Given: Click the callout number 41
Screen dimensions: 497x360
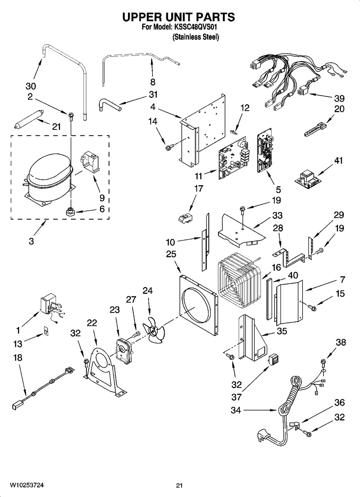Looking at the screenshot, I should coord(338,161).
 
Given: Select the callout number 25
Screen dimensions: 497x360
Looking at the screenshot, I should coord(171,254).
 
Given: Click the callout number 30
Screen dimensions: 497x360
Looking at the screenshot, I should coord(31,86).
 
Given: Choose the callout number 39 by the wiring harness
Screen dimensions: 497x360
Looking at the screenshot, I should coord(339,98).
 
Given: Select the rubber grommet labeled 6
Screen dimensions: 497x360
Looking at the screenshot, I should coord(70,213).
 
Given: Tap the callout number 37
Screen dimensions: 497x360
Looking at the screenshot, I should coord(237,397).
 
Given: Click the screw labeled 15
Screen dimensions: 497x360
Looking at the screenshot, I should coord(312,307).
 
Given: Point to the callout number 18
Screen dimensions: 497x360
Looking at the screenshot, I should coord(17,358).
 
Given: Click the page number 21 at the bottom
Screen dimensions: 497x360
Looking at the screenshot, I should coord(179,485).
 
